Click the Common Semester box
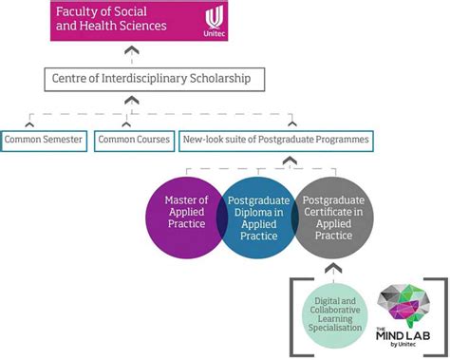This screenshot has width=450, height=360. [x=43, y=141]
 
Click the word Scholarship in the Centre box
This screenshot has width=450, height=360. [x=216, y=79]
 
